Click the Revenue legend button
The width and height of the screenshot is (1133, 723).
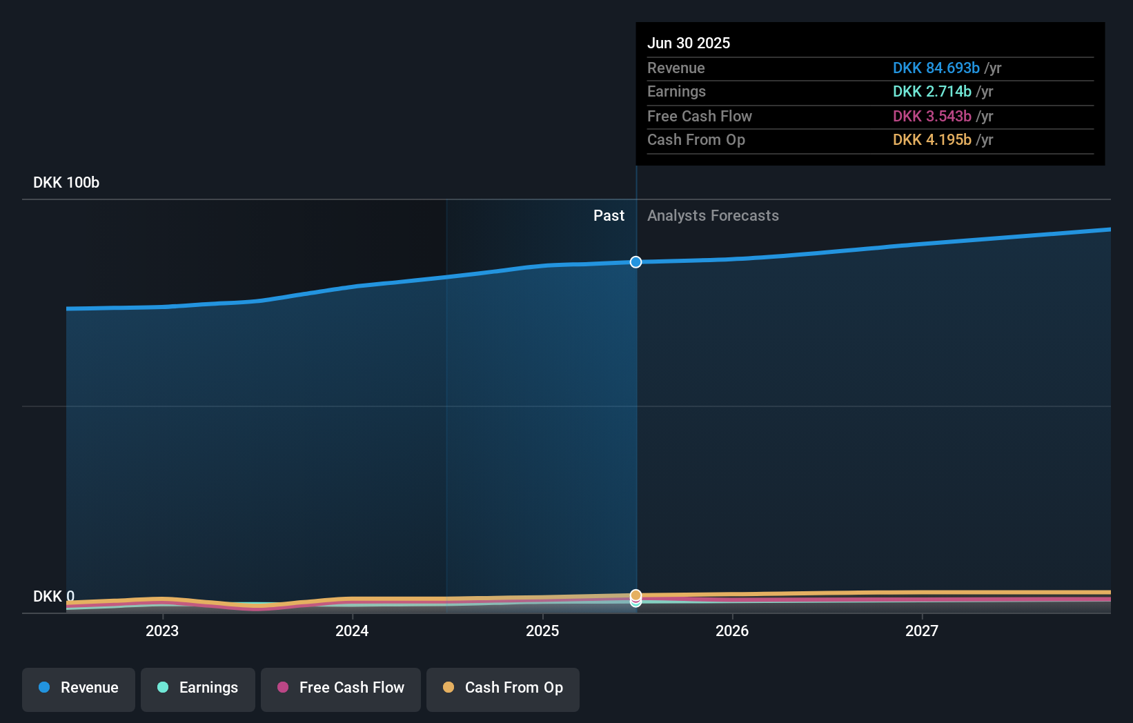pos(79,689)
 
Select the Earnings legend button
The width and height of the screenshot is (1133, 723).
pos(198,689)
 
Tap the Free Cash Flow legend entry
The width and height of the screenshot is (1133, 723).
pos(341,689)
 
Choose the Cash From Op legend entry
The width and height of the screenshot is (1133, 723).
pos(503,689)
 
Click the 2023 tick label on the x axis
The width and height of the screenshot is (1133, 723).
pos(162,631)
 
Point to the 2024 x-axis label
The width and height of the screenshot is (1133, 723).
pos(352,631)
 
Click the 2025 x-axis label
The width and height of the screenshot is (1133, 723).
pos(542,631)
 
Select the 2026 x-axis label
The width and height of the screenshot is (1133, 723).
pos(732,631)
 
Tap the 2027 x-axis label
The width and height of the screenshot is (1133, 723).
pos(922,631)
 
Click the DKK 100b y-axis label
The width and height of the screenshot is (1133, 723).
pos(66,183)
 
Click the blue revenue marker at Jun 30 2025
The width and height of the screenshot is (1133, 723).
pos(636,262)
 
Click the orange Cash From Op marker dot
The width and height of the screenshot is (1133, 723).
pos(636,595)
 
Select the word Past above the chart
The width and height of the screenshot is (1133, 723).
pos(609,216)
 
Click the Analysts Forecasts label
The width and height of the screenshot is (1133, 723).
pos(713,216)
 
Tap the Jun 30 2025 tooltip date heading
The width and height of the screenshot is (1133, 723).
pos(689,43)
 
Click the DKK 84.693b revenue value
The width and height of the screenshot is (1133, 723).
pos(936,68)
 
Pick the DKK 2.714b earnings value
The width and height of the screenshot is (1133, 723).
pos(932,92)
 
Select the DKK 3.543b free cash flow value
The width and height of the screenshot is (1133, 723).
pos(932,117)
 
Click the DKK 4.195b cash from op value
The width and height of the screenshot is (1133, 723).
pos(932,140)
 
